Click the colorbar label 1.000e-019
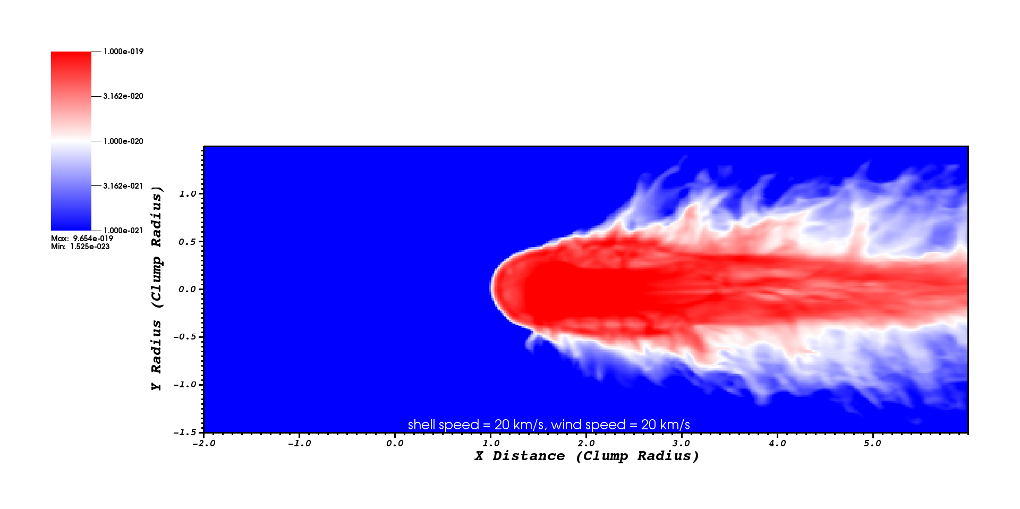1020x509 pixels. pos(123,52)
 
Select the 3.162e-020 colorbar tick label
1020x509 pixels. pos(123,96)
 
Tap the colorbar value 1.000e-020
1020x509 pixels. pos(123,141)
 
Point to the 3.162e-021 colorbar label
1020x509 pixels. pos(123,186)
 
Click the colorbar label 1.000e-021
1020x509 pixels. pos(123,231)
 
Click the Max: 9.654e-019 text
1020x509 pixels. pos(82,239)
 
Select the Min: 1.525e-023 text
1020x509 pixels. pos(80,247)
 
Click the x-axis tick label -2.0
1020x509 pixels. pos(203,443)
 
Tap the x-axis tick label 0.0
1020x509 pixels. pos(395,443)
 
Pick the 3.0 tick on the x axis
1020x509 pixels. pos(681,443)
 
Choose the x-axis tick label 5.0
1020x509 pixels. pos(872,443)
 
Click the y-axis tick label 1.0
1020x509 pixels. pos(188,194)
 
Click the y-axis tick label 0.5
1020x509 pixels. pos(188,242)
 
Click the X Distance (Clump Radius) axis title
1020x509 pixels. pos(586,456)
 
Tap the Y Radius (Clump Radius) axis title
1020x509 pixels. pos(157,289)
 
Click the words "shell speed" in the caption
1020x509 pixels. pos(444,425)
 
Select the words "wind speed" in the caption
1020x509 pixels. pos(589,425)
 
